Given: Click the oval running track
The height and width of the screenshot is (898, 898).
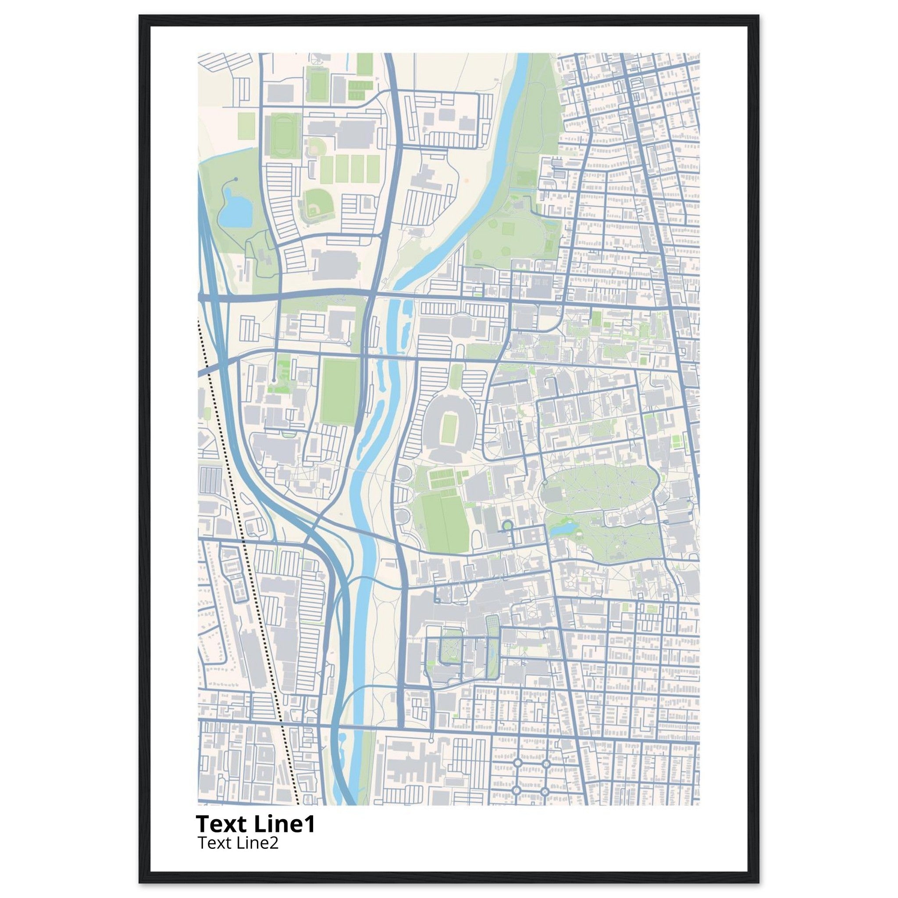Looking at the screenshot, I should (281, 138).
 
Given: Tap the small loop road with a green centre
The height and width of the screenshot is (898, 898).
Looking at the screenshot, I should (507, 526).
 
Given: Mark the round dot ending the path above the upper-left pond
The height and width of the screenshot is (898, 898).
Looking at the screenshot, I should (236, 179).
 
